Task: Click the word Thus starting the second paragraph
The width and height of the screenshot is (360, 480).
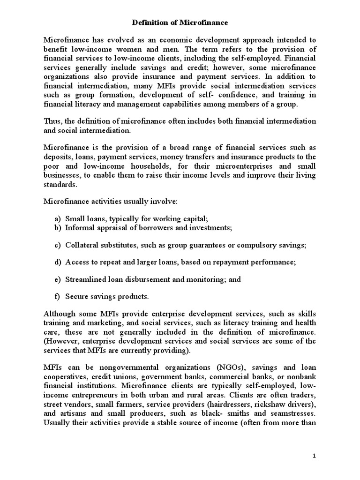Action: (52, 121)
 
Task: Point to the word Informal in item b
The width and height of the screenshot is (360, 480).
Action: (80, 227)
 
